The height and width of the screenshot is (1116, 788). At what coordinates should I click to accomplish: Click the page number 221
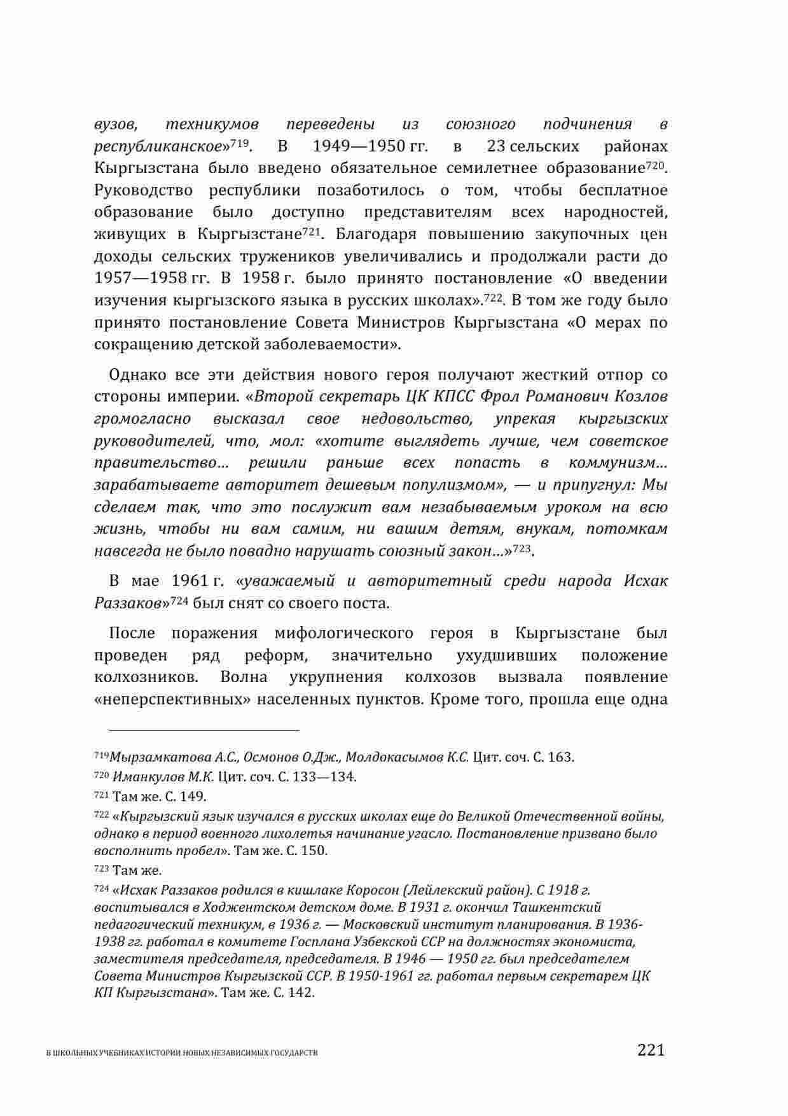(651, 1049)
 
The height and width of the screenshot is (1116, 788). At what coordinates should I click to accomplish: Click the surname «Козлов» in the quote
(642, 396)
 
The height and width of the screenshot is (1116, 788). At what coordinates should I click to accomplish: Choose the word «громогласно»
(142, 419)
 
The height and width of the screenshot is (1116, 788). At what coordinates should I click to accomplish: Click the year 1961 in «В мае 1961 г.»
(191, 581)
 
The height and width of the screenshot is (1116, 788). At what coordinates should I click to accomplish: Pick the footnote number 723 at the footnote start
(100, 869)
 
